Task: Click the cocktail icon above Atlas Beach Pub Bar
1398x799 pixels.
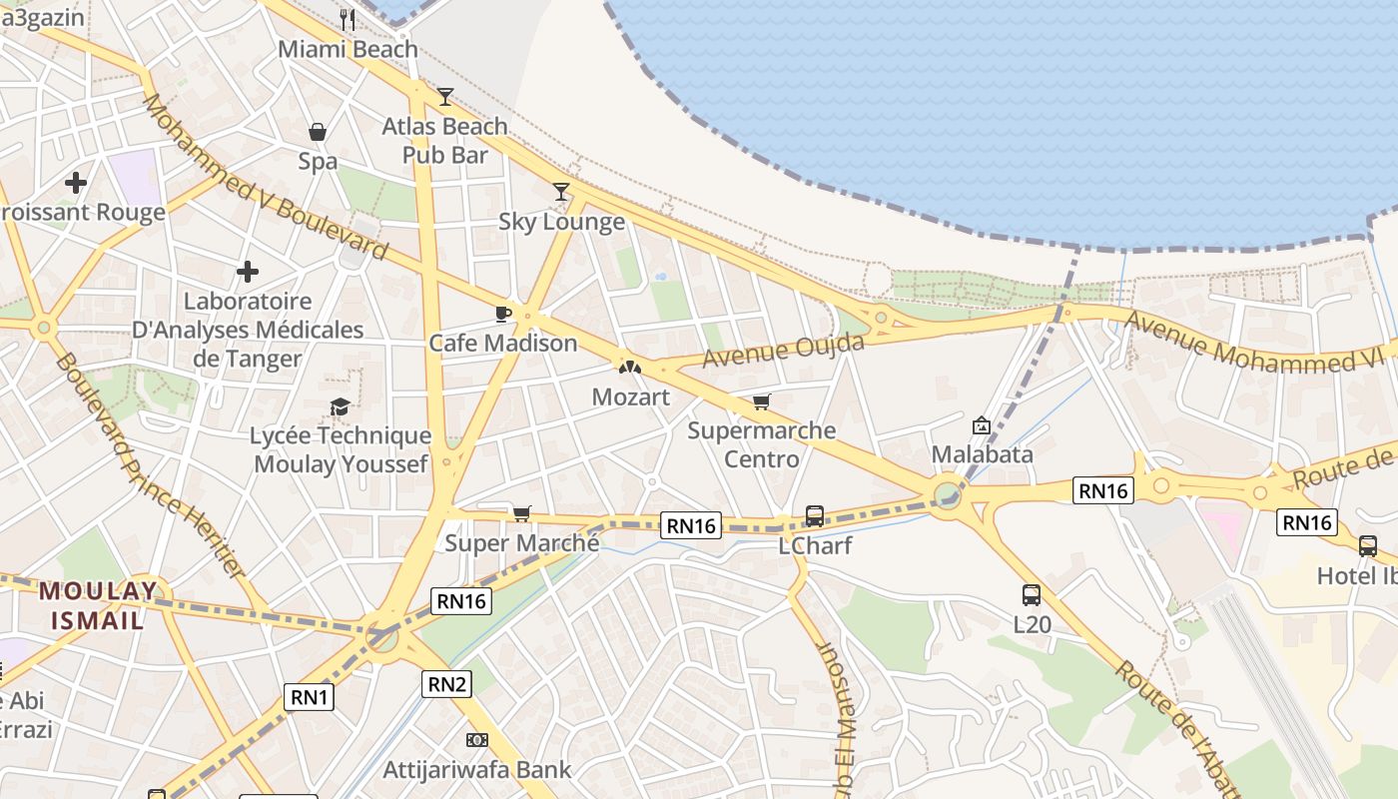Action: [445, 97]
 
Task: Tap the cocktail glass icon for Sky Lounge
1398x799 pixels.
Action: [561, 191]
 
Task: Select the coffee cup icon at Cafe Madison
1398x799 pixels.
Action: [503, 314]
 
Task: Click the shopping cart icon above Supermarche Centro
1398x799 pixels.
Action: [762, 401]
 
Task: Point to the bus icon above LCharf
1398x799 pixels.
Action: [815, 516]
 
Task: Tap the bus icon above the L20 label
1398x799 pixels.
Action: [1032, 595]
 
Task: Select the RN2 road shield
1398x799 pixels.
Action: [447, 684]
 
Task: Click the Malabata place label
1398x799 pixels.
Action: [982, 454]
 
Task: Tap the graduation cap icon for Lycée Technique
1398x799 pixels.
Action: [340, 406]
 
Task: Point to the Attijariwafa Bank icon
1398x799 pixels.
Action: [477, 740]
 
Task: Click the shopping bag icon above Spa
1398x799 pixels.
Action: [318, 132]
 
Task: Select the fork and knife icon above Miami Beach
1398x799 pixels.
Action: [348, 18]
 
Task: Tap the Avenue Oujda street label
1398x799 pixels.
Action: [783, 351]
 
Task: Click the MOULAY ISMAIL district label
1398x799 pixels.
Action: [98, 604]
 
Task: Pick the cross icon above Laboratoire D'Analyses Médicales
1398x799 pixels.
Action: [248, 272]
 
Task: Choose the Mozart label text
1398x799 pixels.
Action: [630, 397]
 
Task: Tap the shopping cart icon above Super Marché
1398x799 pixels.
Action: [521, 514]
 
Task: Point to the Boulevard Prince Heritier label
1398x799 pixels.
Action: [149, 465]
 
